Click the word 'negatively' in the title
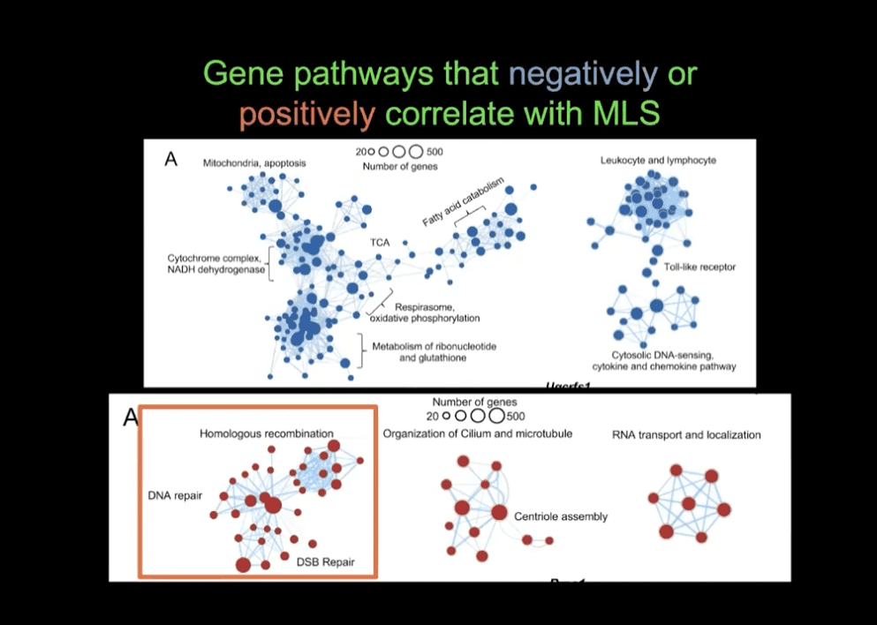(583, 74)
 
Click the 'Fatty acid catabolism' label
(463, 202)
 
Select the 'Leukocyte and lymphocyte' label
(658, 160)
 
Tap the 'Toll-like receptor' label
(699, 267)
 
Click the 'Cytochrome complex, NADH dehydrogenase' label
(216, 264)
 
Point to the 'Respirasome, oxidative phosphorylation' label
(437, 312)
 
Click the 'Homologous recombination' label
(266, 433)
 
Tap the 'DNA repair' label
(175, 495)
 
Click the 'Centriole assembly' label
(561, 516)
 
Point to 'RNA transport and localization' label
(686, 434)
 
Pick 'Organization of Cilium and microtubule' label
(477, 433)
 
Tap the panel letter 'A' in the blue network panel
(171, 159)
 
